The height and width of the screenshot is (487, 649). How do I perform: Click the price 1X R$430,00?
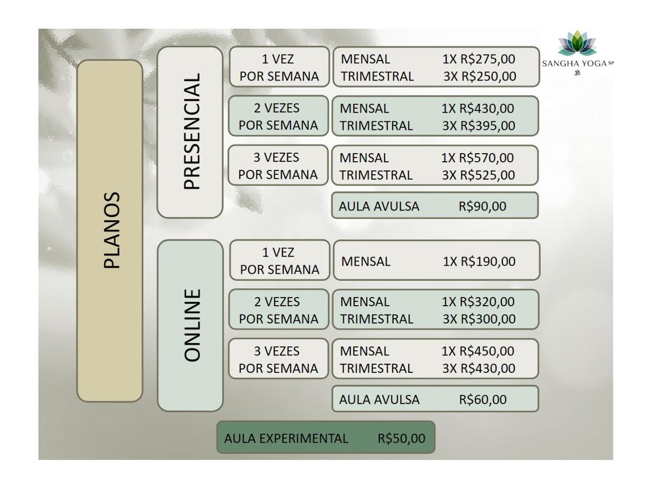[478, 108]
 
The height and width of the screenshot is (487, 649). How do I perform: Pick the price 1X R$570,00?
[478, 157]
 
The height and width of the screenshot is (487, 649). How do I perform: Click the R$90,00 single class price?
[482, 206]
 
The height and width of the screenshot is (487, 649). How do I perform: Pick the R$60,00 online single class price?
[482, 399]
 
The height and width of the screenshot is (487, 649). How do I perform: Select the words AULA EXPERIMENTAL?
[286, 438]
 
